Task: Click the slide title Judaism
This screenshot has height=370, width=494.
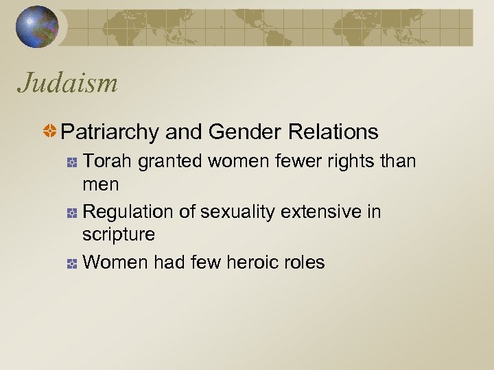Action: click(68, 84)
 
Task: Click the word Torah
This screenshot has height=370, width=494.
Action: click(108, 161)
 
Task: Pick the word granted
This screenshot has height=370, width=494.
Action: click(168, 162)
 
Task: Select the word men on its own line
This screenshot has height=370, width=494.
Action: click(100, 185)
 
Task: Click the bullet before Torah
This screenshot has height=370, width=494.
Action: click(71, 163)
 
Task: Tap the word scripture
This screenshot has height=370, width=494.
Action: click(118, 235)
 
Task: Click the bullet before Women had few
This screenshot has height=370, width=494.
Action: click(71, 263)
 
